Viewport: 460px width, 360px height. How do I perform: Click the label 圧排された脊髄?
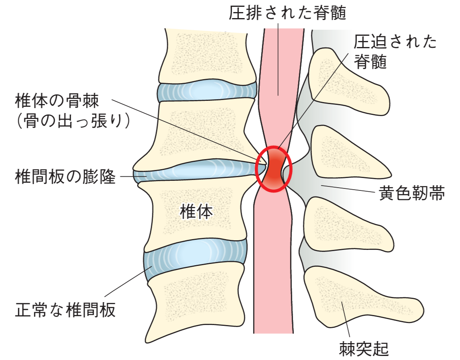coord(287,14)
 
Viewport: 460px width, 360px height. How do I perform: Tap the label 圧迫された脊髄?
coord(395,51)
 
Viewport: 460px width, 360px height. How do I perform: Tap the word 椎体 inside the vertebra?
coord(195,212)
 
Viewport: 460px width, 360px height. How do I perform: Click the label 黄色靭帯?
coord(411,194)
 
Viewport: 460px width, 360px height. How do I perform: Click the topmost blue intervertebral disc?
coord(207,92)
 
